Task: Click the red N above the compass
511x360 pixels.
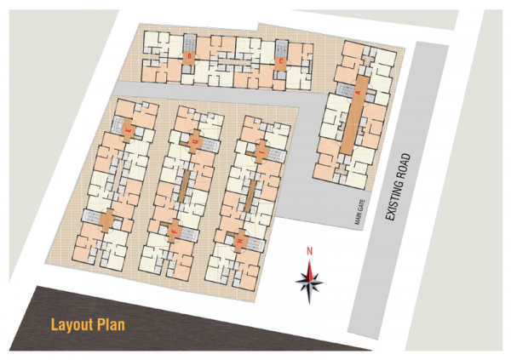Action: click(x=312, y=250)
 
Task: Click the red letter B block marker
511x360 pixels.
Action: click(x=189, y=58)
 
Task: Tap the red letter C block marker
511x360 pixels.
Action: click(x=280, y=61)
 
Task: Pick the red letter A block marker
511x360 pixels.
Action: click(x=359, y=90)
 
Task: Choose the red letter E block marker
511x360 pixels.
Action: click(x=129, y=131)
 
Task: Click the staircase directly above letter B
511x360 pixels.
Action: click(x=189, y=43)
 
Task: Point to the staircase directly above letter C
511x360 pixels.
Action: click(x=280, y=46)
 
